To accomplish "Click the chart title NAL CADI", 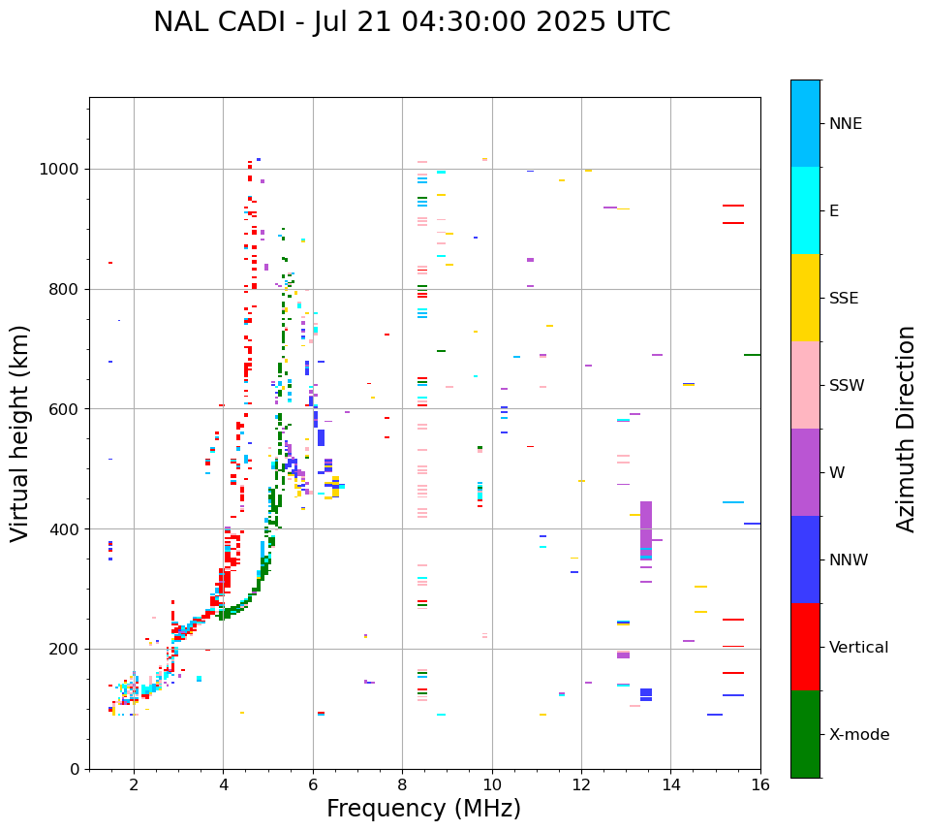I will [x=412, y=22].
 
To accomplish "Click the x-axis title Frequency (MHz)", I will [x=423, y=809].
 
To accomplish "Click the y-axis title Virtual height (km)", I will [x=20, y=433].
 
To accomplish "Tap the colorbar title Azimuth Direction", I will [x=906, y=429].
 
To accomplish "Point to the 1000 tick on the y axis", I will [x=61, y=169].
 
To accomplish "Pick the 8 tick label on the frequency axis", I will [x=402, y=783].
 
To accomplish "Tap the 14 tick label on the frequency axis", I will [x=671, y=783].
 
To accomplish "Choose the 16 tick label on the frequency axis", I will [x=760, y=783].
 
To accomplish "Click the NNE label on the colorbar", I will [x=846, y=124].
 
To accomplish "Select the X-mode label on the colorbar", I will [x=859, y=735].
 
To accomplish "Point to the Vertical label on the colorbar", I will [x=858, y=648].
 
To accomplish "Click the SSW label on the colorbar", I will [x=847, y=386].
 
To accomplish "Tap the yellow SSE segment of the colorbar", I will [x=805, y=298].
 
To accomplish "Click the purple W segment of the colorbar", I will [x=805, y=472].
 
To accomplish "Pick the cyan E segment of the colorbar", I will [x=805, y=210].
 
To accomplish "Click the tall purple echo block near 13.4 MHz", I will [x=646, y=528].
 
